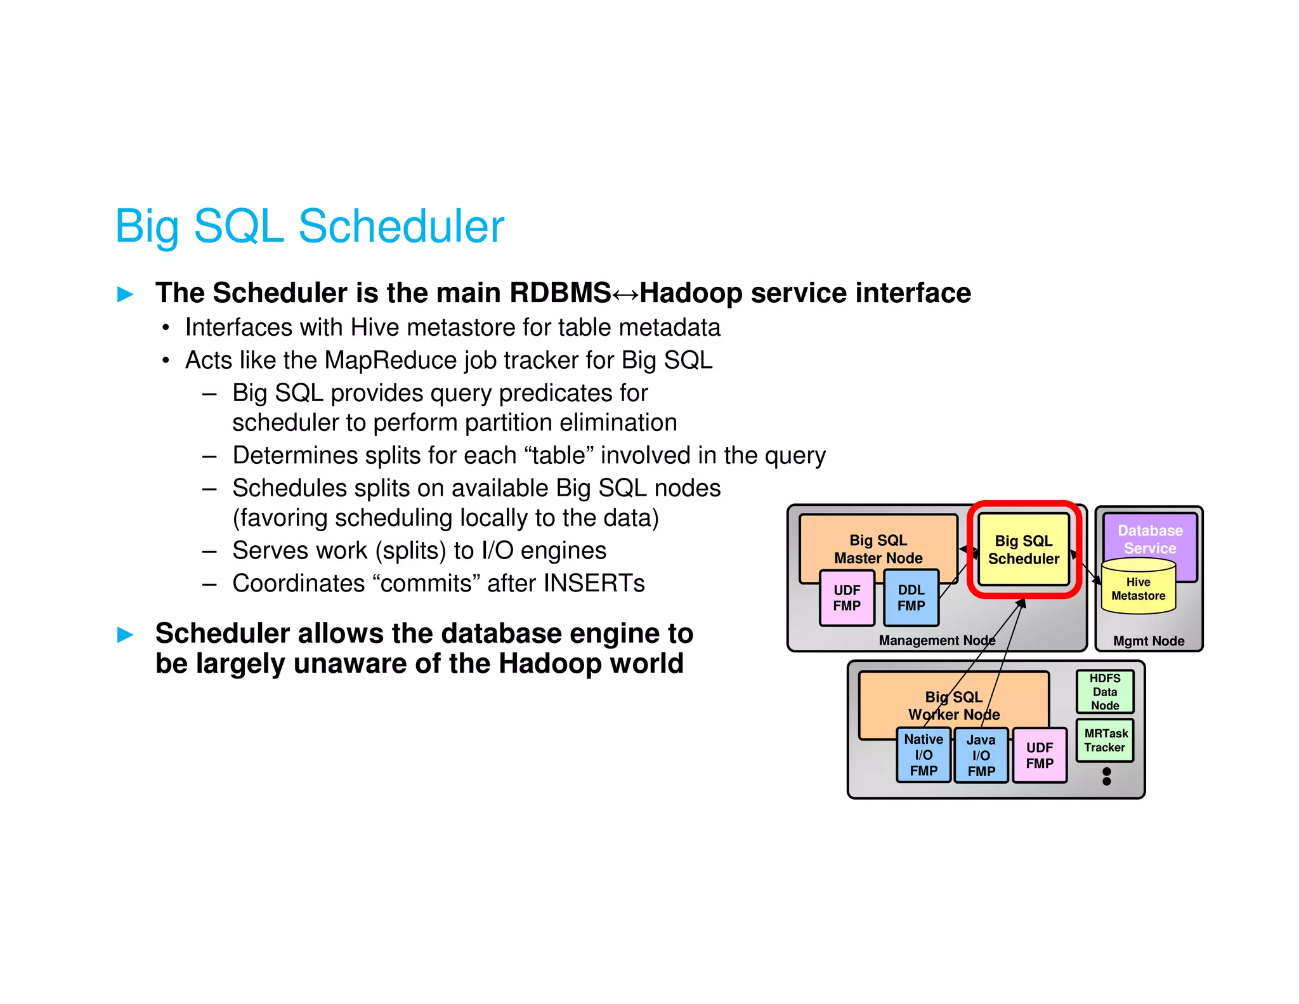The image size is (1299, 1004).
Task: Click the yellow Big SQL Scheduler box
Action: coord(1023,550)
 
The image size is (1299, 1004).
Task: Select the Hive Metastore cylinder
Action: coord(1138,588)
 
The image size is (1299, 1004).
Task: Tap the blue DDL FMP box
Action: coord(911,598)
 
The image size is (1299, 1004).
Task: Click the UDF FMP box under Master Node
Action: coord(847,598)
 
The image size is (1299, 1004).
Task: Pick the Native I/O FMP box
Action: coord(924,755)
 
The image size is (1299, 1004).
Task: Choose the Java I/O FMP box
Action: coord(981,755)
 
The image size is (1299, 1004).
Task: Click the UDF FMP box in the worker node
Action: coord(1040,755)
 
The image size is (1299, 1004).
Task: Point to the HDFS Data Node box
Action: coord(1105,692)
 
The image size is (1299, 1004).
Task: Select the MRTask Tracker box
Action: coord(1105,741)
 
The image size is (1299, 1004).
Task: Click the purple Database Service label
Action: coord(1150,539)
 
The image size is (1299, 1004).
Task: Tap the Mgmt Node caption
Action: coord(1149,641)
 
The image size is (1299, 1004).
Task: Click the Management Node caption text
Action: coord(937,640)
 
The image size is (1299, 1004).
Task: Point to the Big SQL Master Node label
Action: coord(878,549)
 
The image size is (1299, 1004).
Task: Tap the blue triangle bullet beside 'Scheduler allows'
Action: coord(126,634)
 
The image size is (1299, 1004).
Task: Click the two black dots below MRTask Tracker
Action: coord(1107,776)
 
